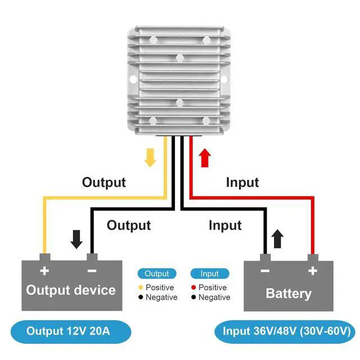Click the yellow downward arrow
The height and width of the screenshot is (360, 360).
150,157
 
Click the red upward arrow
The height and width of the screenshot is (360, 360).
205,157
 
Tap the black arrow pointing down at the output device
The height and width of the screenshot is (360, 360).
76,239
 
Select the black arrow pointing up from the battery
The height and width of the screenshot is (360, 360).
277,239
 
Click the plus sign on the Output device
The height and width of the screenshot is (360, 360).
44,271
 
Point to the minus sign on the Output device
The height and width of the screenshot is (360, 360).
92,271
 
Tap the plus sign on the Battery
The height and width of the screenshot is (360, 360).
313,271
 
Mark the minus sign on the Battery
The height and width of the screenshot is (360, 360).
265,271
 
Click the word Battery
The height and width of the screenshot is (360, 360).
289,293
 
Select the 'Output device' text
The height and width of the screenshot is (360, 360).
71,290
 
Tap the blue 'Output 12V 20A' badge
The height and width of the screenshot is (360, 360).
70,331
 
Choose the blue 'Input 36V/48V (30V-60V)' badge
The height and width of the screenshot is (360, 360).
286,331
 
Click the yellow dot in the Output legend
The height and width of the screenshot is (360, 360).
141,287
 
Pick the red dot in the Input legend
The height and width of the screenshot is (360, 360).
193,287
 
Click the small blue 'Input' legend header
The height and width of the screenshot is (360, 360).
209,274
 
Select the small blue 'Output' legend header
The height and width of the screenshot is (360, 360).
157,274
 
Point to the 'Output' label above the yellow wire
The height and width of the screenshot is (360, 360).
104,182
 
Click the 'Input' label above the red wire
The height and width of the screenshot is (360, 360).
242,182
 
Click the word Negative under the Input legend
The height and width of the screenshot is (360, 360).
214,297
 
